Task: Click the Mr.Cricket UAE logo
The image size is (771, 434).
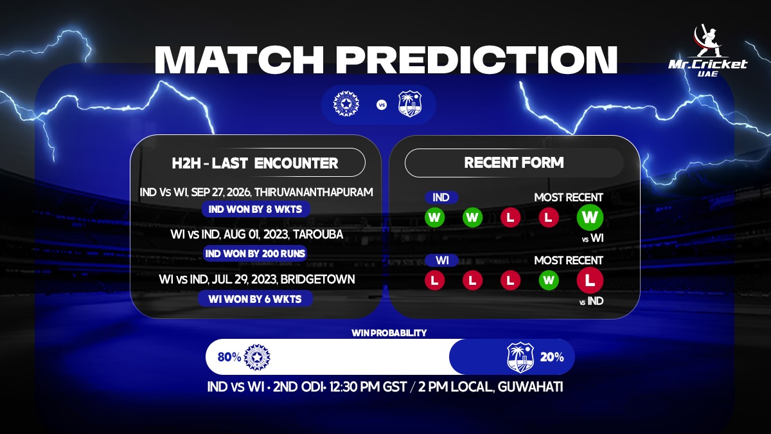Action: (x=707, y=51)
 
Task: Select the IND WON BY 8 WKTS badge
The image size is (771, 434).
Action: (x=256, y=209)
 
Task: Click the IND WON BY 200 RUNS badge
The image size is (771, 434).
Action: (x=255, y=253)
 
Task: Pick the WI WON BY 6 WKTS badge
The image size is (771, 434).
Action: (x=255, y=298)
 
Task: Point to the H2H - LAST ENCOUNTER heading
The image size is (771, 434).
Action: (x=254, y=163)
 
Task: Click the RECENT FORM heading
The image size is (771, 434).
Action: (x=514, y=163)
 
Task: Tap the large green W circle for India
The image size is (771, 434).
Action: (x=590, y=217)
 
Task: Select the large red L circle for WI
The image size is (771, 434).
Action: (x=590, y=280)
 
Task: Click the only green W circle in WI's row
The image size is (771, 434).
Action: (x=548, y=280)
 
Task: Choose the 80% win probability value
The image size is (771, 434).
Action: (x=229, y=357)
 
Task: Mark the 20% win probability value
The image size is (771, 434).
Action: (x=552, y=357)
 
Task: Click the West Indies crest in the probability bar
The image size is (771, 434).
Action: (x=520, y=357)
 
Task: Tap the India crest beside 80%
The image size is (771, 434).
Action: (x=257, y=357)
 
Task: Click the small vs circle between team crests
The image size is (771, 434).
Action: (x=382, y=105)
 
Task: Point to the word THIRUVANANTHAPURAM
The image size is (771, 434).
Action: (x=314, y=192)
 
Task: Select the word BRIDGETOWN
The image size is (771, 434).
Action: (x=317, y=279)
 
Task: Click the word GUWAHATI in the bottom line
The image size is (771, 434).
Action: (x=531, y=387)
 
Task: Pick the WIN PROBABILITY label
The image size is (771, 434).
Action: (x=389, y=333)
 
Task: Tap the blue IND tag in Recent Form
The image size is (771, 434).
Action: (x=441, y=197)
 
